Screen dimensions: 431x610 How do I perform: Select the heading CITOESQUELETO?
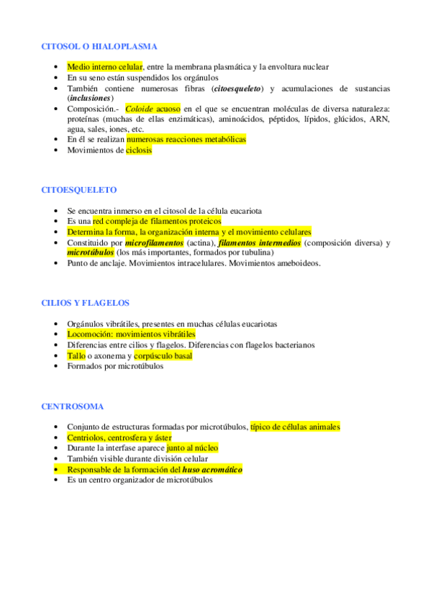coord(79,190)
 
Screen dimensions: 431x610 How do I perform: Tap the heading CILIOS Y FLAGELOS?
coord(86,303)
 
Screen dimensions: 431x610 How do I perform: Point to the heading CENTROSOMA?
coord(73,406)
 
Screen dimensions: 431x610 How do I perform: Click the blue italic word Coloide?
coord(140,108)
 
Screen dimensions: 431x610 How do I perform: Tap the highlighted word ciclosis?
coord(139,150)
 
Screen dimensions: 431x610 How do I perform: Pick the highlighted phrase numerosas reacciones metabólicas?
coord(186,139)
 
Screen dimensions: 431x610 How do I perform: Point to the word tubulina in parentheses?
coord(253,253)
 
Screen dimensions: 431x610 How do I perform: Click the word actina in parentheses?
coord(197,243)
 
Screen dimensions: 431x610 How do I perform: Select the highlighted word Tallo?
coord(76,355)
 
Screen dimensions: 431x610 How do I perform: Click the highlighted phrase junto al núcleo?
coord(192,447)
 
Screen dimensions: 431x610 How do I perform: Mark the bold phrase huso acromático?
coord(213,469)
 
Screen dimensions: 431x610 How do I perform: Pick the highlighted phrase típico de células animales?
coord(295,427)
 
